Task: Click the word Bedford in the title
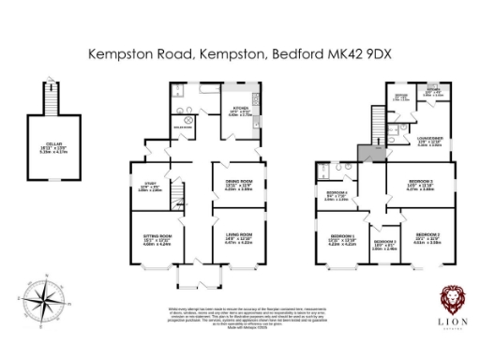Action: point(293,54)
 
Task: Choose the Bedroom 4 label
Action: point(335,195)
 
